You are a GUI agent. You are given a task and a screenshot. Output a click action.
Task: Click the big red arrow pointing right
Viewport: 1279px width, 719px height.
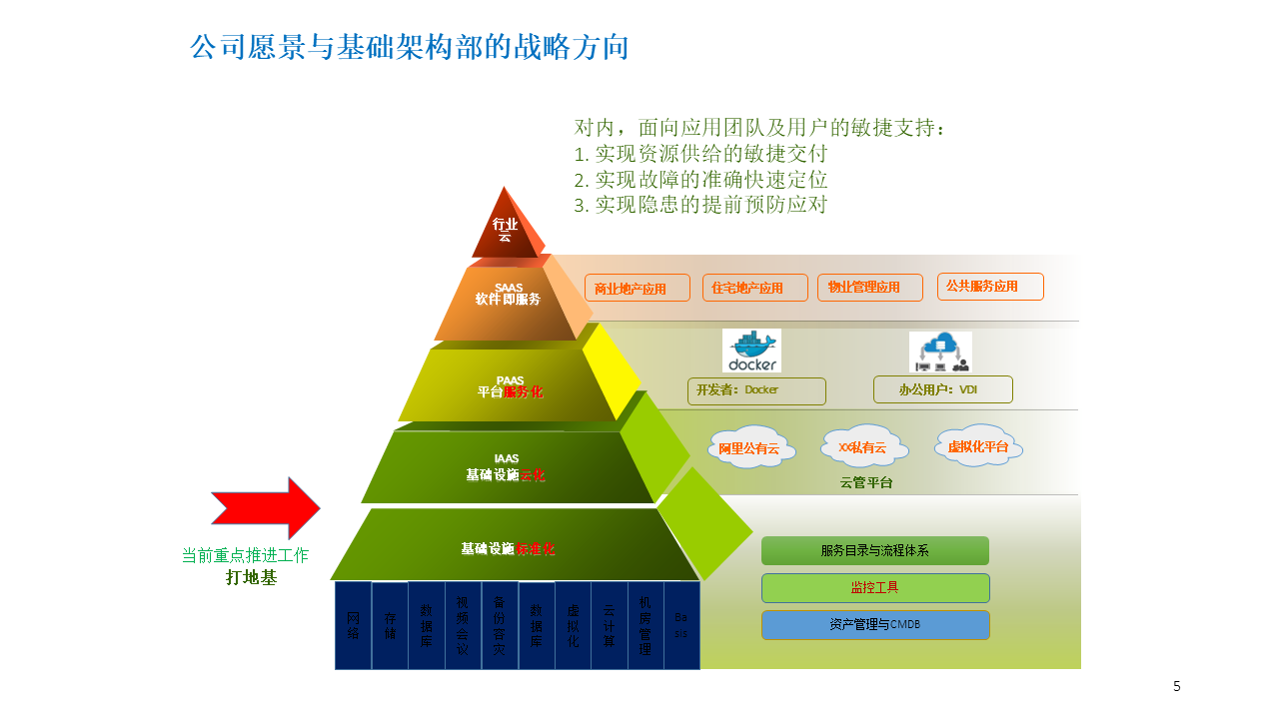click(266, 508)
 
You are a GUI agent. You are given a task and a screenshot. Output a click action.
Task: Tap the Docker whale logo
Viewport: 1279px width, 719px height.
click(751, 351)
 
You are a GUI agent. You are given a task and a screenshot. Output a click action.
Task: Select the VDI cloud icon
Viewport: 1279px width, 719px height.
click(940, 352)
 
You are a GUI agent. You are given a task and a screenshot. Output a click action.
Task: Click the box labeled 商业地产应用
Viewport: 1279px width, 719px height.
click(638, 288)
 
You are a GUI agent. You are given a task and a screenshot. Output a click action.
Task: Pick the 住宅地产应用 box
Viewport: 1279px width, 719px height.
click(754, 288)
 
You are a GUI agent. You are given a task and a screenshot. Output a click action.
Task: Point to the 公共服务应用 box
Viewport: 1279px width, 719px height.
click(989, 287)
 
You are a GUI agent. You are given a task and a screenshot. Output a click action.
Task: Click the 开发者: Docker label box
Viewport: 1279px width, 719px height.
click(756, 390)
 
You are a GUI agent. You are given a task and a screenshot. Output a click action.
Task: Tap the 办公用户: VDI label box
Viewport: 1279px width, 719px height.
click(942, 389)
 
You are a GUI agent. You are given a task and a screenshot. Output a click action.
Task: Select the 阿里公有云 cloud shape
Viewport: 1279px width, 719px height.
click(749, 448)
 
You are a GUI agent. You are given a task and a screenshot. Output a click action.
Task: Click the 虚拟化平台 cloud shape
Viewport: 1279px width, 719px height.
click(979, 445)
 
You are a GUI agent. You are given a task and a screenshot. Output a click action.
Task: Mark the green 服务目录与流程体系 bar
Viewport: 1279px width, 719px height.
click(874, 550)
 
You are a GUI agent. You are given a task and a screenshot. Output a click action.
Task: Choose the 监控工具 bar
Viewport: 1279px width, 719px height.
click(874, 587)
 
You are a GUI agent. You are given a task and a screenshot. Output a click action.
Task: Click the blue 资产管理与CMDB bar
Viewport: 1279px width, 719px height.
click(874, 624)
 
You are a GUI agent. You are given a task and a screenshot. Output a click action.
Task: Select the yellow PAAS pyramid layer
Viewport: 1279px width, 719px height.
click(510, 385)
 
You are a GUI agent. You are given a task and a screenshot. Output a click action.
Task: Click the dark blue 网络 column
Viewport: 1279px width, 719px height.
click(353, 625)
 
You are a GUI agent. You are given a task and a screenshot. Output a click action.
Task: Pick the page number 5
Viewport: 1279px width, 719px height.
click(1176, 686)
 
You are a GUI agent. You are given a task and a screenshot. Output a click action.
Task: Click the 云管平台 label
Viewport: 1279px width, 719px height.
click(866, 482)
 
